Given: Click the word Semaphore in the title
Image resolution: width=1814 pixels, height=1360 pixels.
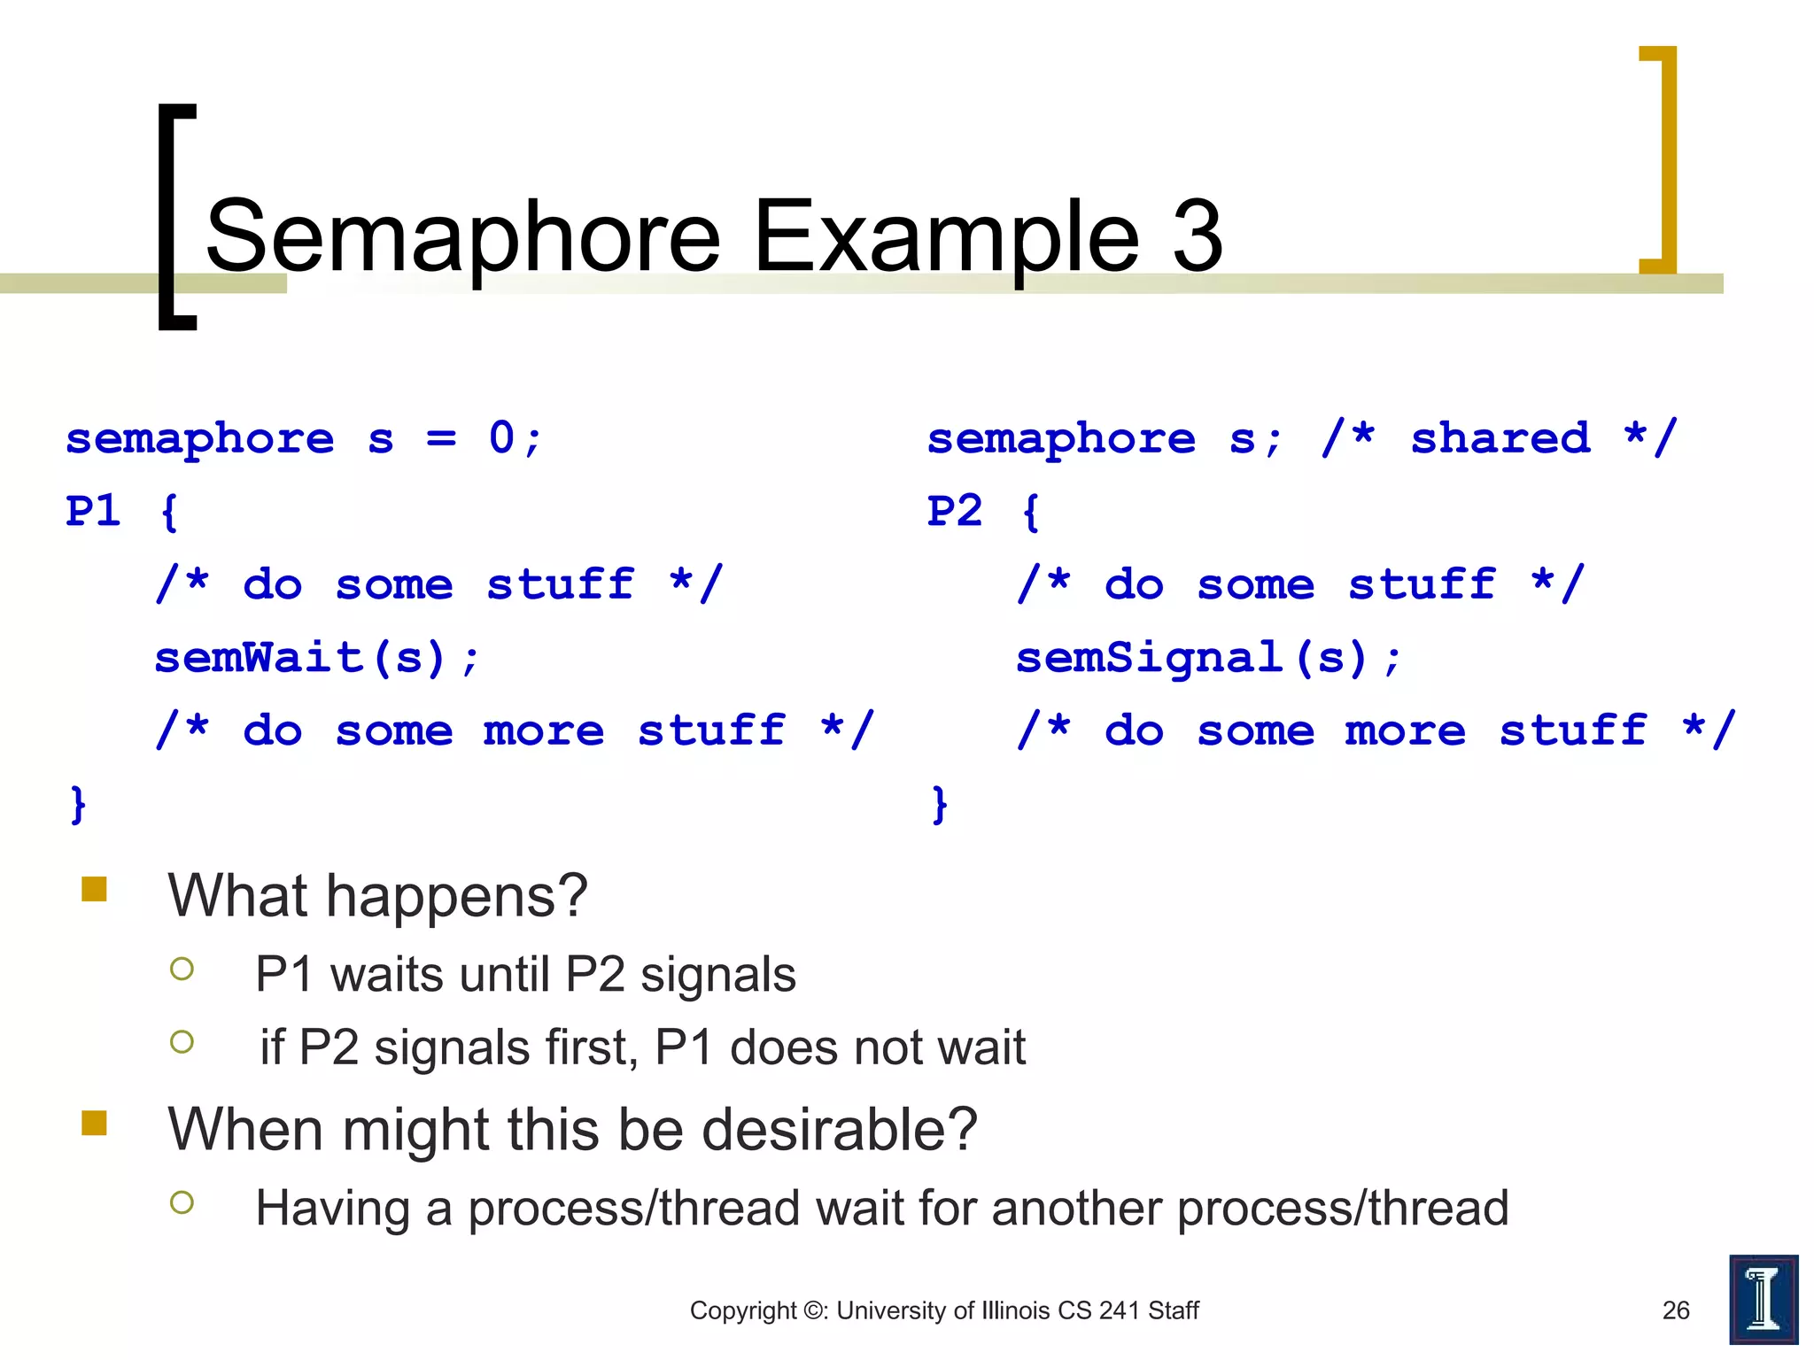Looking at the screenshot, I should (462, 236).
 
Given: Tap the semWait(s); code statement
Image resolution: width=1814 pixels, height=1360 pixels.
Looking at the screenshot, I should (317, 658).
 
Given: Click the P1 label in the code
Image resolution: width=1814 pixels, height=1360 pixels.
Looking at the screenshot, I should (93, 511).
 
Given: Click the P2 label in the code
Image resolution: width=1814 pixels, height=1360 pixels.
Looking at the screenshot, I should (955, 511).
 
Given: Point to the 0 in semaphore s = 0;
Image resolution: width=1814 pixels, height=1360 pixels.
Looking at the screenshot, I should (501, 437).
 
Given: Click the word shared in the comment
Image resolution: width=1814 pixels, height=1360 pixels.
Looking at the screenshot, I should (1500, 437).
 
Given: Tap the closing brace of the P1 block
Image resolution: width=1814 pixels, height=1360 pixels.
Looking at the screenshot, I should (78, 804).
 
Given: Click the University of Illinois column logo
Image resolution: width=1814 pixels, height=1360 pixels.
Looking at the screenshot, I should (1763, 1299).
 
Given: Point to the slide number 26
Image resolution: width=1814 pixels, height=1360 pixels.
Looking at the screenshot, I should (1676, 1310).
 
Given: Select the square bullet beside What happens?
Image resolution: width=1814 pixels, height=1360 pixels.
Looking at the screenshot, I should (94, 889).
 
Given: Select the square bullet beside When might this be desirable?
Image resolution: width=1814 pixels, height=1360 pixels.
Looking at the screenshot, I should (94, 1123).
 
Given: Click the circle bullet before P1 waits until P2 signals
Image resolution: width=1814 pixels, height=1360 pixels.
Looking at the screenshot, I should (182, 969).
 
